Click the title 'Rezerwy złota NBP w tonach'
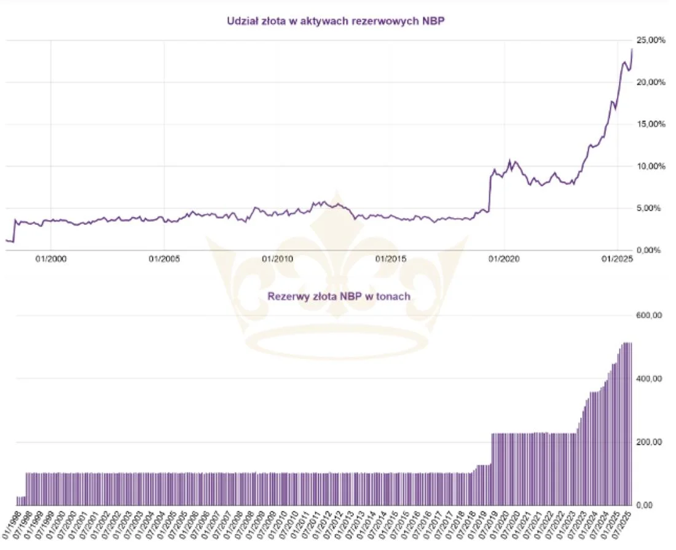click(339, 296)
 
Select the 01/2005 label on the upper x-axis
click(164, 260)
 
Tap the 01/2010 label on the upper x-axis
click(277, 260)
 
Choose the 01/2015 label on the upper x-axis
click(390, 260)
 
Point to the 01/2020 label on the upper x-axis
click(504, 260)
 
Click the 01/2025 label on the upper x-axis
click(617, 260)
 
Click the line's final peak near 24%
click(632, 49)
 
